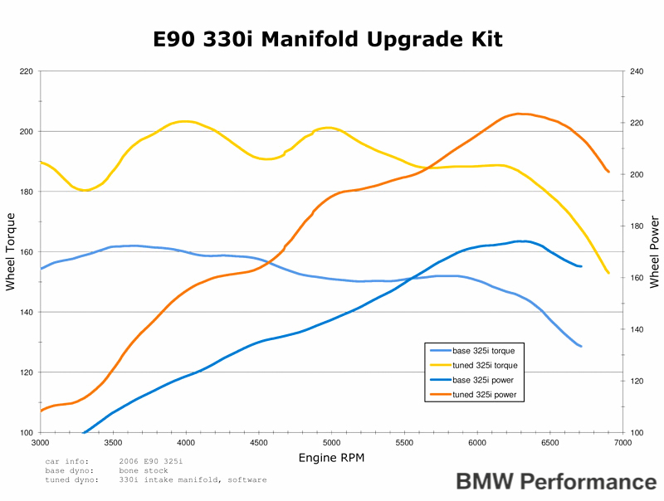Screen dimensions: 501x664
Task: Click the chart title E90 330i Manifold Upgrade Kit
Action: [329, 39]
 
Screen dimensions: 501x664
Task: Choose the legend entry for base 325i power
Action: [482, 381]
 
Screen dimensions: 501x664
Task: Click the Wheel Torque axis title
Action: [11, 251]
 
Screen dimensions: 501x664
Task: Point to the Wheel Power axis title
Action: [655, 251]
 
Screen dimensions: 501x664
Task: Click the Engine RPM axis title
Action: [330, 457]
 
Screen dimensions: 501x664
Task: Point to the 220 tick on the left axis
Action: [26, 71]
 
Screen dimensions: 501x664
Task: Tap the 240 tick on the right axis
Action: [637, 71]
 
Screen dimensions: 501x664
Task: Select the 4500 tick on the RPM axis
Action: [476, 444]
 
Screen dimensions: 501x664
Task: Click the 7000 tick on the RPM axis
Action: [622, 444]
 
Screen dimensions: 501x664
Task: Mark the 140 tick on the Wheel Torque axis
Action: [26, 312]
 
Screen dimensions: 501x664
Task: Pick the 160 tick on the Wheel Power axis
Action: [637, 278]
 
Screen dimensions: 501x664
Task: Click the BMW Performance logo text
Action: [555, 482]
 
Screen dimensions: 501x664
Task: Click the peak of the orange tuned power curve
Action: [518, 114]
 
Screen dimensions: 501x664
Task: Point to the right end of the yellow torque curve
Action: [608, 273]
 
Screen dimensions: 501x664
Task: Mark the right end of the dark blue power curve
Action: [581, 266]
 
